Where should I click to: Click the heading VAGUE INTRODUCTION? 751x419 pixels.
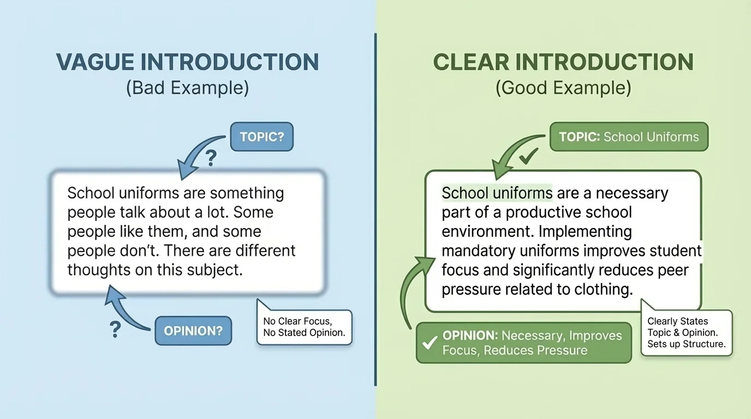[187, 62]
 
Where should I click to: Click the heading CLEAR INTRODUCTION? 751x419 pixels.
[563, 62]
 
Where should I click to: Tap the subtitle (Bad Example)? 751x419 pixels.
[187, 88]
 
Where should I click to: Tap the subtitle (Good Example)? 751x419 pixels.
[563, 88]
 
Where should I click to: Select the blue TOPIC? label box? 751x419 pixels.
[262, 136]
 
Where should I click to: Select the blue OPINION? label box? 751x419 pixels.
[193, 331]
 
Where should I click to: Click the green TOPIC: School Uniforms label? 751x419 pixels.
[629, 136]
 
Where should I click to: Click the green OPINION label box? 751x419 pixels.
[524, 343]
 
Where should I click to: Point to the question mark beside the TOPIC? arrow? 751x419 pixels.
[211, 159]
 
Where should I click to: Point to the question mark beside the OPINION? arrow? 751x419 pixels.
[115, 329]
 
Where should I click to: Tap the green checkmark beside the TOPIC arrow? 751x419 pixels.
[528, 158]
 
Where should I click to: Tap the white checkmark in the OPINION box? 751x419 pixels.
[430, 343]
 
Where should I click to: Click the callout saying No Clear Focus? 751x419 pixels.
[304, 327]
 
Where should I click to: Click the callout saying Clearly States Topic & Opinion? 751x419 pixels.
[686, 332]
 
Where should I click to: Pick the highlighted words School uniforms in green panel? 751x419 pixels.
[497, 193]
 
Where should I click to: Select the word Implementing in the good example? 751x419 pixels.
[585, 231]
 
